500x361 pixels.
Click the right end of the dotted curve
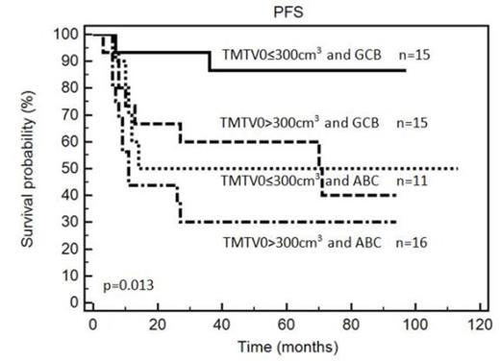point(458,168)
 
